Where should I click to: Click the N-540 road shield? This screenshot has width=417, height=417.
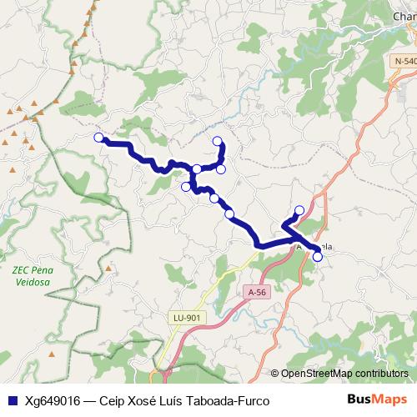(405, 61)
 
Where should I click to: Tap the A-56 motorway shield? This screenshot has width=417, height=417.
(257, 292)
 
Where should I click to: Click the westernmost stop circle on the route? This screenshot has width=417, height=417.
(98, 138)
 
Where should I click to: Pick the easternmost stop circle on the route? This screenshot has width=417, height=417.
(317, 257)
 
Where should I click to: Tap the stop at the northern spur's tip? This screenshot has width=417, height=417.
(218, 141)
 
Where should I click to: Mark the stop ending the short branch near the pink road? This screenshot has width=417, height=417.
(299, 210)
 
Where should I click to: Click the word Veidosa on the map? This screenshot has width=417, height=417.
(31, 282)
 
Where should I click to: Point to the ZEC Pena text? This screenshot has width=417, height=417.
(32, 270)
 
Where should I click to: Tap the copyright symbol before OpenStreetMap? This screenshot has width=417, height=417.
(276, 374)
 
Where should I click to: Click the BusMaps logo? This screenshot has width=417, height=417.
(378, 400)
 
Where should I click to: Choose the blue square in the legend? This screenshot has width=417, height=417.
(12, 401)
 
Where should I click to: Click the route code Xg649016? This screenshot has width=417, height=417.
(53, 401)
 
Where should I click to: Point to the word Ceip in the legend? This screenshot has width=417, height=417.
(114, 401)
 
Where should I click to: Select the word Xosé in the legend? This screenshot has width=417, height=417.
(150, 401)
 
